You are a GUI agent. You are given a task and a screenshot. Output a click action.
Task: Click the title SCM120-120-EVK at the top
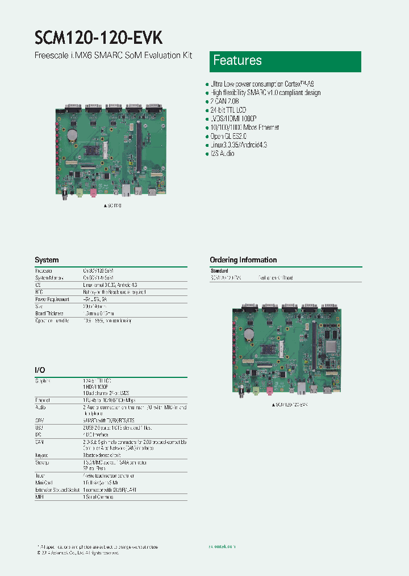[99, 38]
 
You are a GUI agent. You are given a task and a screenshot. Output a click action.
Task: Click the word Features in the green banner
[237, 61]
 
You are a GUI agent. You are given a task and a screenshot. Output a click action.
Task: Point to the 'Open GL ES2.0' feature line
[229, 137]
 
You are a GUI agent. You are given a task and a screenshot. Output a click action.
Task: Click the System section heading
[47, 260]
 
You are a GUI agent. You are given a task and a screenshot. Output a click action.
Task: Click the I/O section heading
[40, 370]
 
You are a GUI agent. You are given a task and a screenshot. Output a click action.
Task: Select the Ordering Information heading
[243, 260]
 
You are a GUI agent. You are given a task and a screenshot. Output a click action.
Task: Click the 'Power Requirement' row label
[52, 299]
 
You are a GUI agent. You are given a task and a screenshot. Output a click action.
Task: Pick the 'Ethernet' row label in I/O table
[43, 400]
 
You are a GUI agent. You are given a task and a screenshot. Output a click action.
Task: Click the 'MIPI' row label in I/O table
[39, 497]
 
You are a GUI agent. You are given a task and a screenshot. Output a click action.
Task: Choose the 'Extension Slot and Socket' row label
[57, 489]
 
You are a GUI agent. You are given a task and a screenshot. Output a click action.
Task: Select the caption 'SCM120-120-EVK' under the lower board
[290, 404]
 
